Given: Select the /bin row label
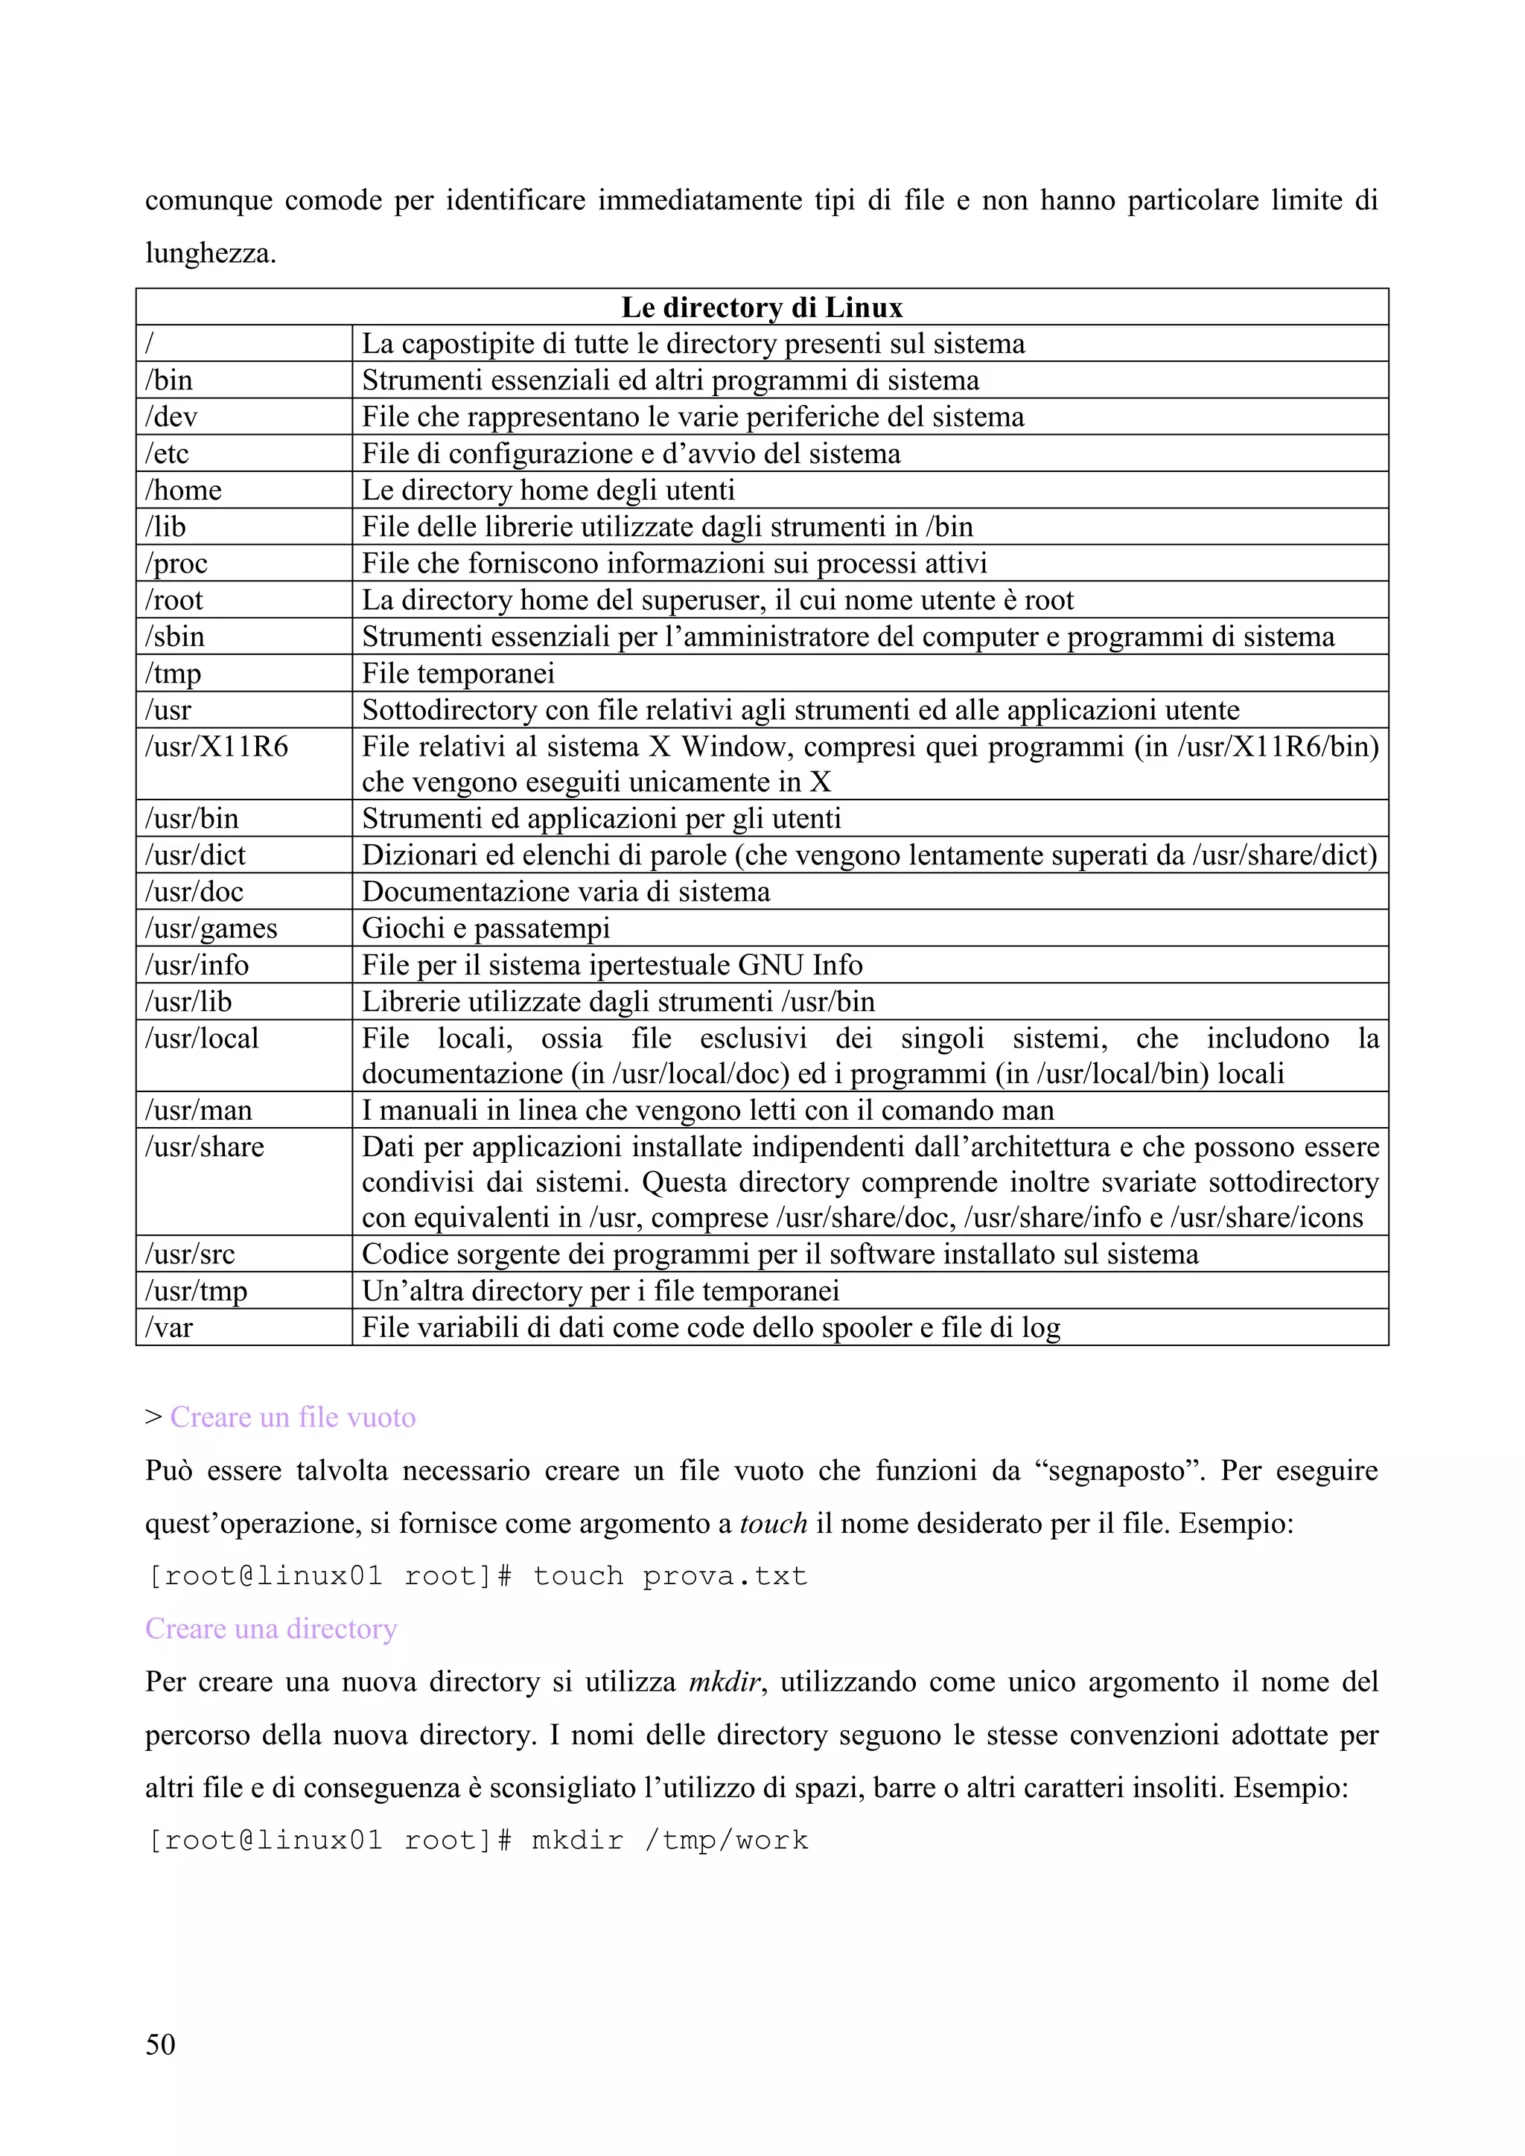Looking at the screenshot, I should [169, 380].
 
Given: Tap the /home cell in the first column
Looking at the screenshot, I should [183, 490].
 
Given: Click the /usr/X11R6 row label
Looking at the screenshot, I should [216, 747].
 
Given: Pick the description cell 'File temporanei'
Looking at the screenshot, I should [458, 673].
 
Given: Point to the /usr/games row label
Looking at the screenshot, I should [211, 928].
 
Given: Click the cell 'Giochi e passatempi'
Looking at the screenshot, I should [485, 928].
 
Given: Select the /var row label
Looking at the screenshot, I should [169, 1328].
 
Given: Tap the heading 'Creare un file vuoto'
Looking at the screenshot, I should [292, 1417].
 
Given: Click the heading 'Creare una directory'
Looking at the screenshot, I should [270, 1628].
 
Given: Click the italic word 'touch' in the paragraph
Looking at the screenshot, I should [773, 1523].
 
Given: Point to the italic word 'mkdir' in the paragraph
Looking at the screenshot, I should [724, 1682].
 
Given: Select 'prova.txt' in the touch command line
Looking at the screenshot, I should [725, 1576].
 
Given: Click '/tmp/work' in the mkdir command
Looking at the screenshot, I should [726, 1840].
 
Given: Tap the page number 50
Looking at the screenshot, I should [161, 2044].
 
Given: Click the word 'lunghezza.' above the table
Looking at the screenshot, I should [210, 254].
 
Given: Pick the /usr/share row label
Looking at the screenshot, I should [205, 1147].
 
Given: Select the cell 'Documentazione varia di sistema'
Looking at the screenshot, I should [566, 892].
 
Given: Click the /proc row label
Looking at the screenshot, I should [176, 564].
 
